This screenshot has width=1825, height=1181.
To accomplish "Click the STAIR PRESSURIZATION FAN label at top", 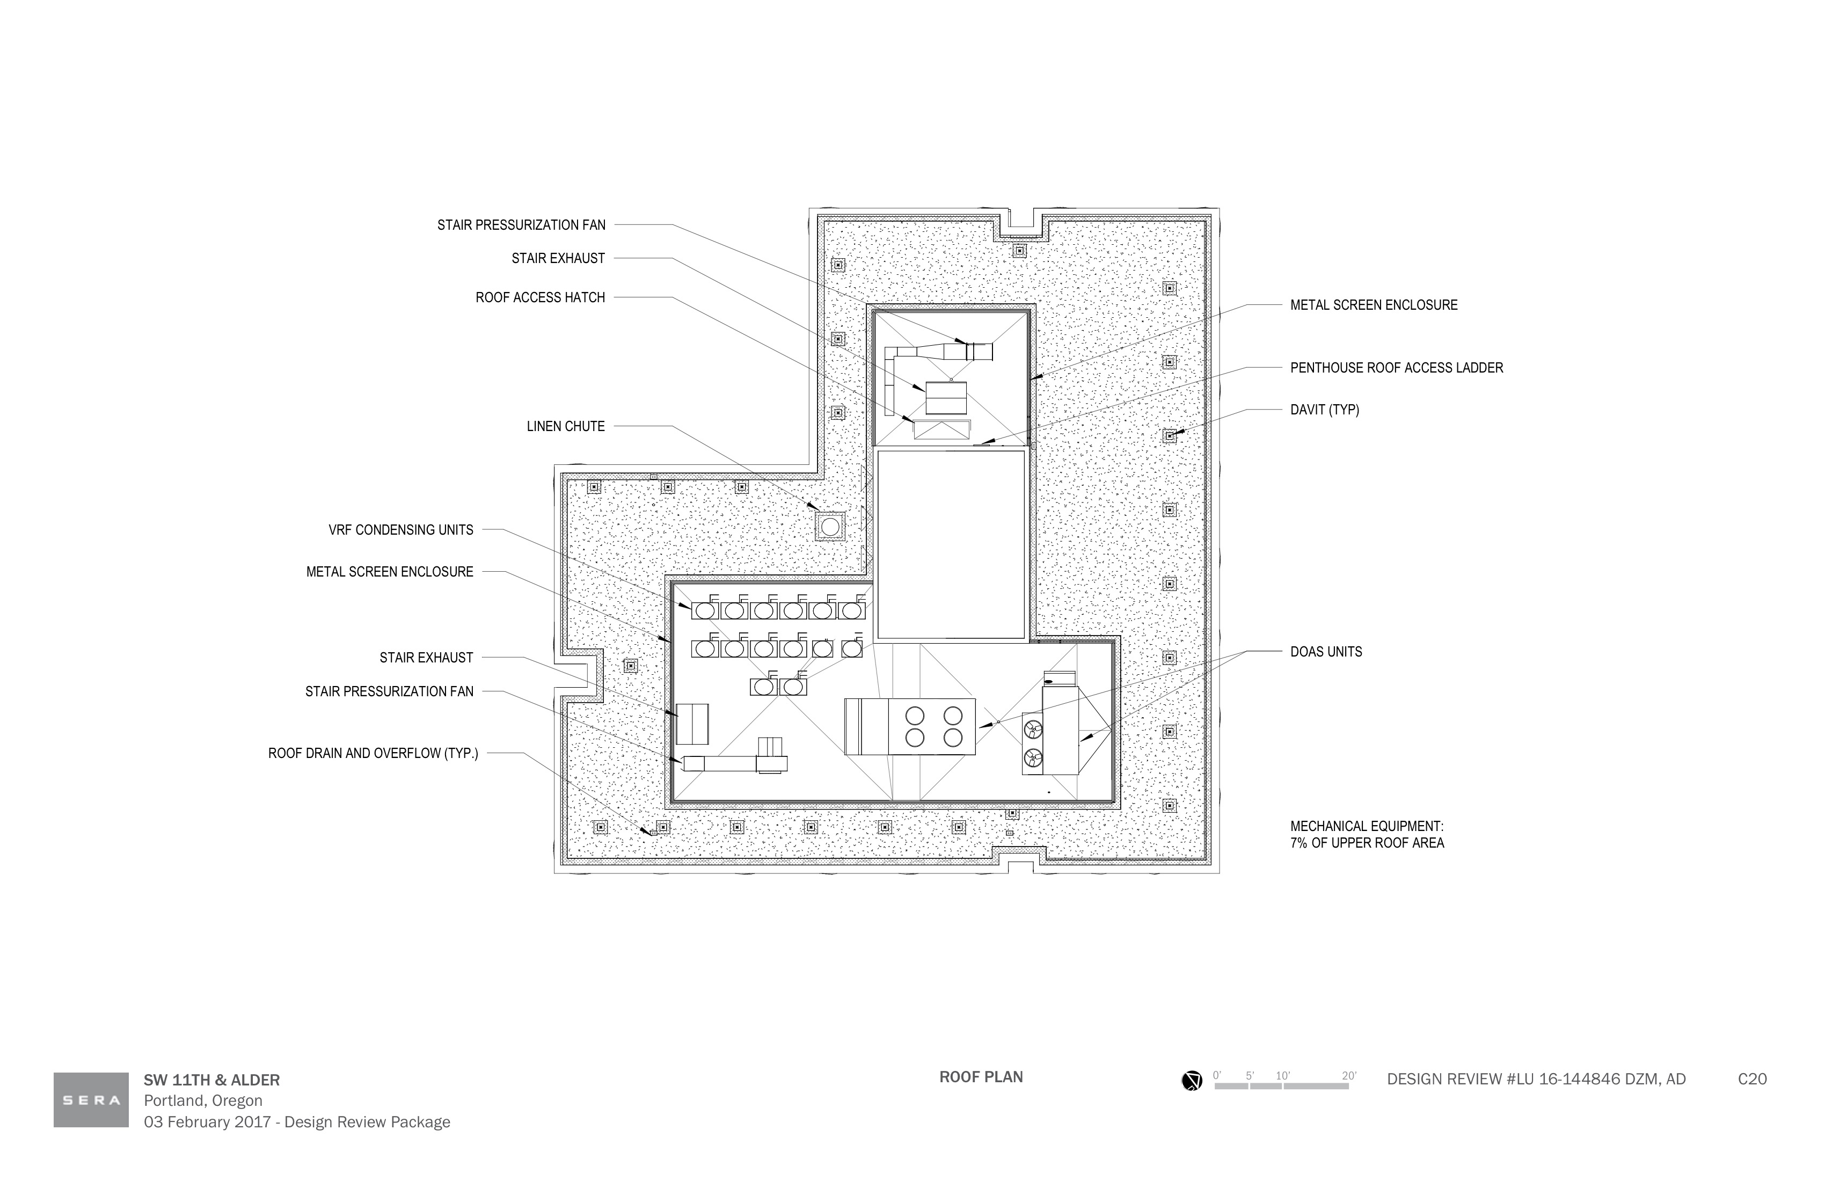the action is coord(521,225).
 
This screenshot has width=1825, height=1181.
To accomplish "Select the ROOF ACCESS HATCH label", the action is coord(540,297).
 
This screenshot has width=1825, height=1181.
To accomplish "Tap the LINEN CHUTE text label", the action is coord(566,426).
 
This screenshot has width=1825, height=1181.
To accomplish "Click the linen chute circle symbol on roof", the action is coord(830,527).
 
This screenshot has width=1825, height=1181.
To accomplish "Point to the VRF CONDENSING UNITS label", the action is coord(401,530).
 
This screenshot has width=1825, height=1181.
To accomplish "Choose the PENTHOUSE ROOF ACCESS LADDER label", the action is coord(1396,368).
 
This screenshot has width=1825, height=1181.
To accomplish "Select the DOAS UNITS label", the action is coord(1326,652).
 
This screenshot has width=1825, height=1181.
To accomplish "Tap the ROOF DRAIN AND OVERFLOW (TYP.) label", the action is coord(373,754).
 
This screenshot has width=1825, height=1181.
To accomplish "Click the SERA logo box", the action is coord(91,1100).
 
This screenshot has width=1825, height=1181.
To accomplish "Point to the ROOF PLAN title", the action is coord(981,1077).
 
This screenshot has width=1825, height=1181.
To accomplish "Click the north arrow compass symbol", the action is coord(1192,1081).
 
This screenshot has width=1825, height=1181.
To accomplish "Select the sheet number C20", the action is coord(1752,1080).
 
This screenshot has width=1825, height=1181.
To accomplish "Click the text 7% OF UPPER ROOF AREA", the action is coord(1367,843).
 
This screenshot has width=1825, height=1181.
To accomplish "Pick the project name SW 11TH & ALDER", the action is coord(211,1081).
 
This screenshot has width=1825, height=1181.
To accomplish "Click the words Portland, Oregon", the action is coord(203,1101).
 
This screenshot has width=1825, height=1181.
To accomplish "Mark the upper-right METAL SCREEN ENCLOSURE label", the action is coord(1374,305).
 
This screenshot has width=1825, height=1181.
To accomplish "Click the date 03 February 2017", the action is coord(207,1122).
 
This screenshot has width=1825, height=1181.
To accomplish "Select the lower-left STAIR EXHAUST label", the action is coord(426,658).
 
